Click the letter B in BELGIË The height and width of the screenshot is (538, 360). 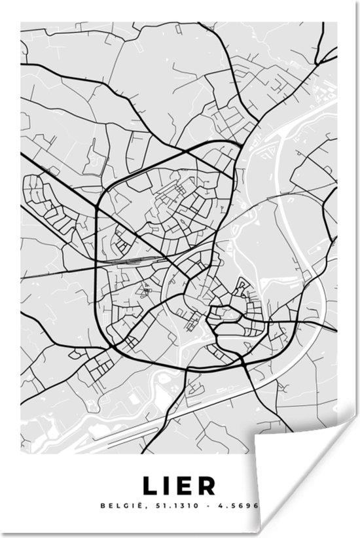103,506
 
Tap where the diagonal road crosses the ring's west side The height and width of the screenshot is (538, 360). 98,207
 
